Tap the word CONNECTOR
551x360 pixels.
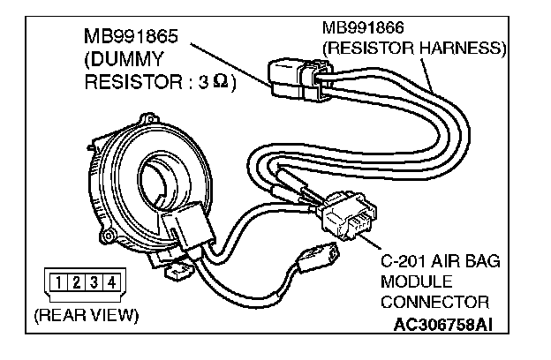coord(428,303)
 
